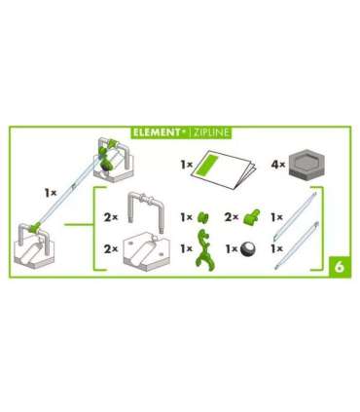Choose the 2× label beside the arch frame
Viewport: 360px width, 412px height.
coord(110,218)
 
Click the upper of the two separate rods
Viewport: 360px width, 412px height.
coord(301,218)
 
